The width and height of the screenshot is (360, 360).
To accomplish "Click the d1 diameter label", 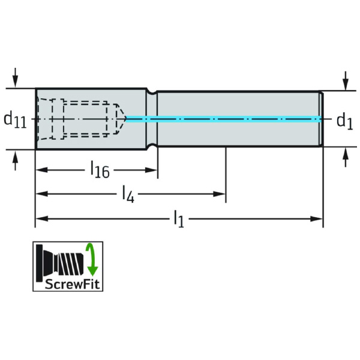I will tap(344, 121).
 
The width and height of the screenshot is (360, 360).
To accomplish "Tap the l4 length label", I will tap(127, 194).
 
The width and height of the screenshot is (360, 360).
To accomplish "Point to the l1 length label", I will tap(178, 219).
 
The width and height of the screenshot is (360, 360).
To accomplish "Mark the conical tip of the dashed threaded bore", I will tap(121, 119).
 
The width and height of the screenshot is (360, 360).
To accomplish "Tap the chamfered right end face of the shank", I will tap(321, 119).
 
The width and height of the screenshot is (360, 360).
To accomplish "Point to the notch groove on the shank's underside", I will tap(152, 146).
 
